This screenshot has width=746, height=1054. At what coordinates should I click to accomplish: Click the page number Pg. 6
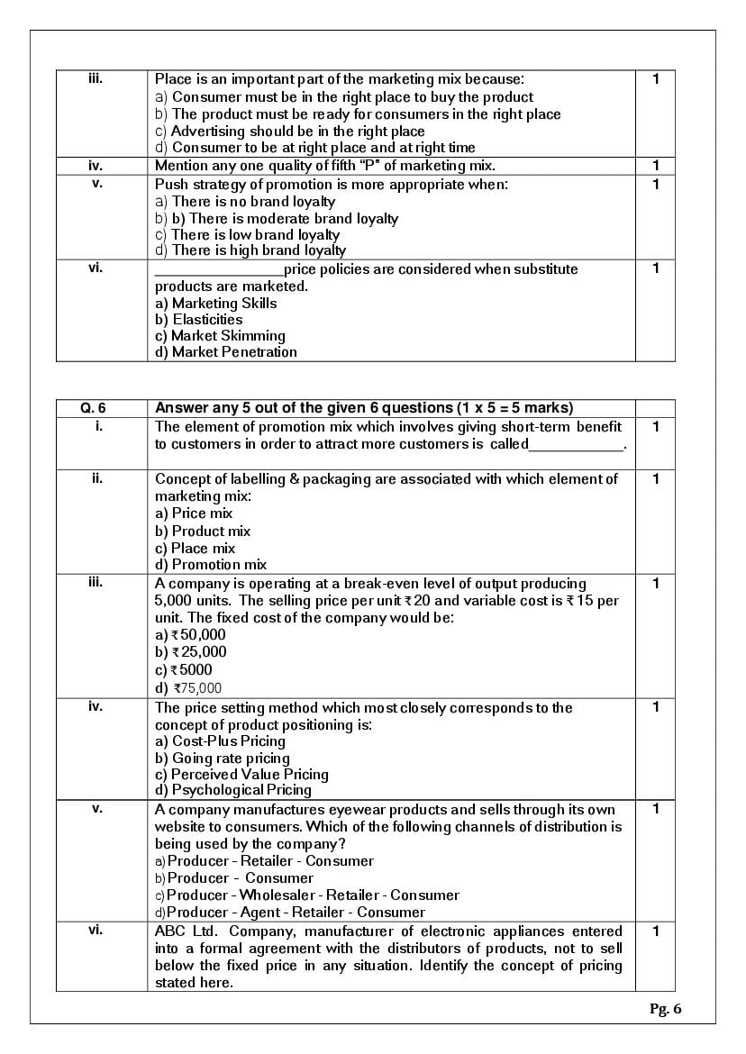tap(665, 1009)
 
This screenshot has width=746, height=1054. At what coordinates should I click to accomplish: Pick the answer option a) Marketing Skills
tap(215, 304)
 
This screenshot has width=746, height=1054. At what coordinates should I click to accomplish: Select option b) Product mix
tap(203, 532)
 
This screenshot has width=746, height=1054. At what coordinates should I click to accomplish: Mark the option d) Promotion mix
tap(211, 565)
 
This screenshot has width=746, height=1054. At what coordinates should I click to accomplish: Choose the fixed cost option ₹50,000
tap(191, 635)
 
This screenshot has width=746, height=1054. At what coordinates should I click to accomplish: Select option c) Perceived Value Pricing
tap(241, 775)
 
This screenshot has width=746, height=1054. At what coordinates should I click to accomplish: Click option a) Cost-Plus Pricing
tap(220, 741)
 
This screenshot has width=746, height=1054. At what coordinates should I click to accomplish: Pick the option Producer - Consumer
tap(240, 878)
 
